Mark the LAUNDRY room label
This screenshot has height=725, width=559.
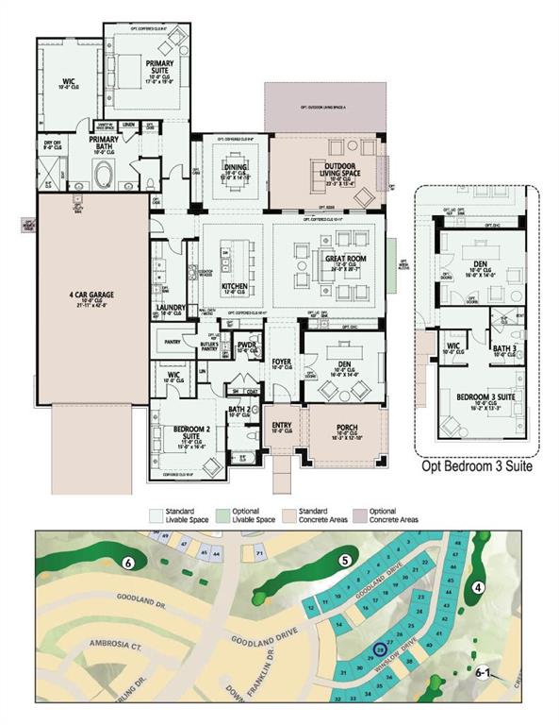pos(172,309)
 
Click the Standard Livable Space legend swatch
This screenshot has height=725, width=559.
pos(156,516)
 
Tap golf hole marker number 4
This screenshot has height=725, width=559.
pos(479,587)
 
